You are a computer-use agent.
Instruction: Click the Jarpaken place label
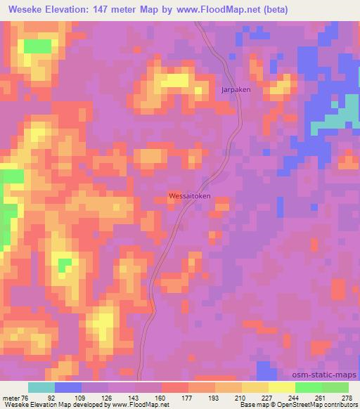coord(236,90)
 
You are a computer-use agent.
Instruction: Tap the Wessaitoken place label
coord(190,197)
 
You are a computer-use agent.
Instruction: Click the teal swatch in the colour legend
coord(41,387)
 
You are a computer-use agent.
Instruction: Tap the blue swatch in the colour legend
coord(68,387)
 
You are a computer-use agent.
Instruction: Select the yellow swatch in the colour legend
coord(282,387)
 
